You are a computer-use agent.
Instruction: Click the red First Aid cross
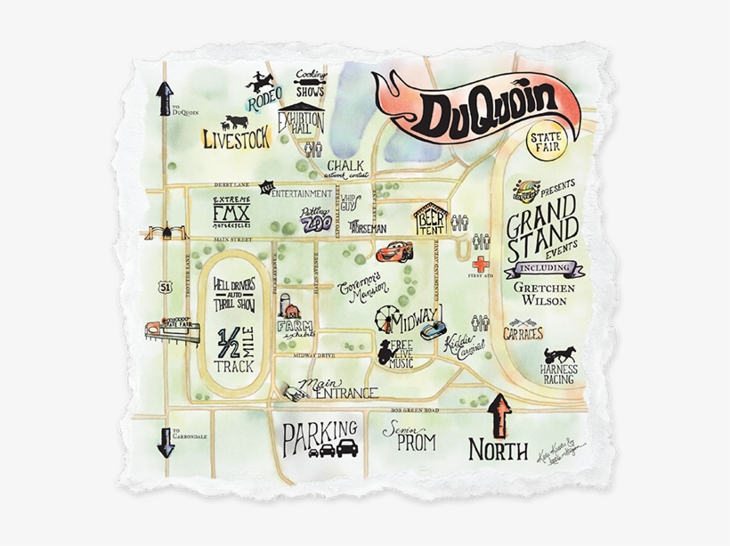[481, 265]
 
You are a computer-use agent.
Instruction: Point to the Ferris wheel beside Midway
[385, 318]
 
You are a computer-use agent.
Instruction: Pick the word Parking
[320, 436]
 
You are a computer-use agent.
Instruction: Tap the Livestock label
[236, 138]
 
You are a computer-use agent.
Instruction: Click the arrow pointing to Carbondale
[166, 442]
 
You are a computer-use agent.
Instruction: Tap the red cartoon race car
[393, 251]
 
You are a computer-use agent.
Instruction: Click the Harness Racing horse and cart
[559, 355]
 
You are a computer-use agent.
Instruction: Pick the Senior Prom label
[410, 436]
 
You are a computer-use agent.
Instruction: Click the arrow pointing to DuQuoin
[165, 98]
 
